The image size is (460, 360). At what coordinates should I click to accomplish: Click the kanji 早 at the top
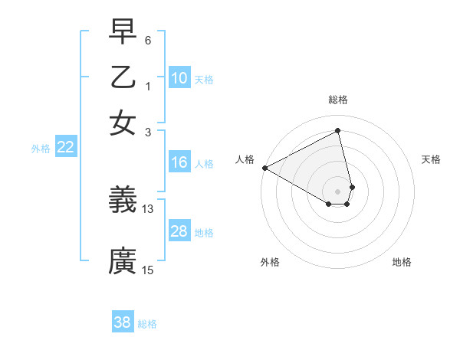pos(123,32)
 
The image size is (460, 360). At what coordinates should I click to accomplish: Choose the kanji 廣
pos(123,260)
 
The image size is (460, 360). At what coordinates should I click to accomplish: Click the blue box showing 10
pos(179,78)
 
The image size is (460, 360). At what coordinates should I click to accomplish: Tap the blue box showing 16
pos(179,162)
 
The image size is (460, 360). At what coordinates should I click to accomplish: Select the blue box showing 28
pos(179,231)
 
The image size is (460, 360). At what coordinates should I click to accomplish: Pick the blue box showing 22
pos(65,148)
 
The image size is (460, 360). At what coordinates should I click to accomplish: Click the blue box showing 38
pos(123,322)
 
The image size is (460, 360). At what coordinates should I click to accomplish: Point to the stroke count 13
pos(148,208)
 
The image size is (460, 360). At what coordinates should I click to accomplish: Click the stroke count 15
pos(148,270)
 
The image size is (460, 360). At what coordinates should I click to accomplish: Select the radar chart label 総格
pos(338,100)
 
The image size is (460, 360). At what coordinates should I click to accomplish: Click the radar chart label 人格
pos(245,159)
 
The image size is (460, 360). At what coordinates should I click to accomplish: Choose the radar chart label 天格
pos(432,159)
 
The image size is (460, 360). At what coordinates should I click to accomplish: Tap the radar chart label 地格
pos(402,262)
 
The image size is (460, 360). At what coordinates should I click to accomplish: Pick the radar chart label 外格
pos(270,262)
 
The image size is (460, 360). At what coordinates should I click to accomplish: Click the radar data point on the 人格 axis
pos(264,167)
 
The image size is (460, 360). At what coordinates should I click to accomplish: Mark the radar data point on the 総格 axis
pos(338,131)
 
